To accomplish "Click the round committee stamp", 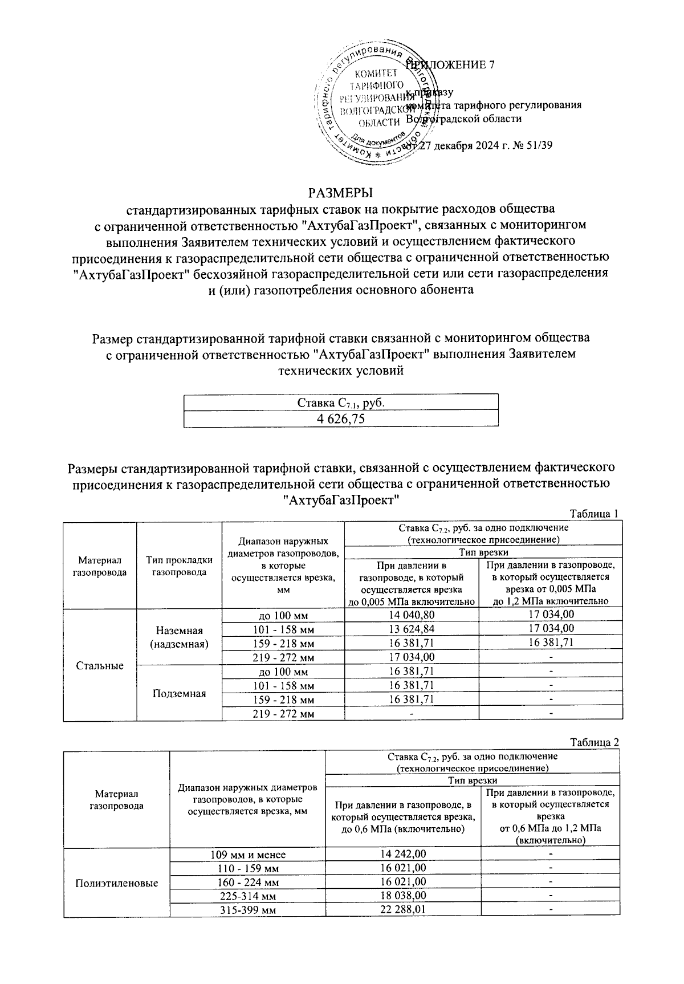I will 373,104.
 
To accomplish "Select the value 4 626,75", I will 341,419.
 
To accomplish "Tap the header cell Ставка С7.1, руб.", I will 341,402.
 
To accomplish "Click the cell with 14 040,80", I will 412,615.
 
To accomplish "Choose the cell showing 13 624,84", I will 412,629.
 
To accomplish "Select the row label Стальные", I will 100,665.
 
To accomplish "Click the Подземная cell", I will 179,693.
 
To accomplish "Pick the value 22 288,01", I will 402,909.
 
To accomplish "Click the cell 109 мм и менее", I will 247,855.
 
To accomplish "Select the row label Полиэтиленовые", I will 117,883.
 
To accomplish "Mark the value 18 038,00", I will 402,896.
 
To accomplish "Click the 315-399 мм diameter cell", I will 247,910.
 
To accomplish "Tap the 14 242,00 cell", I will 402,854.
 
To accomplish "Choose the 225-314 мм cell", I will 247,896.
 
